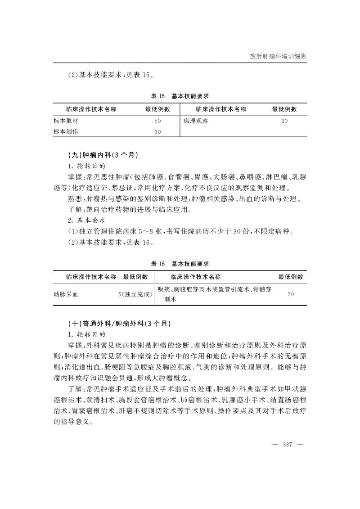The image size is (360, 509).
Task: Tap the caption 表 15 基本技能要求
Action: tap(180, 96)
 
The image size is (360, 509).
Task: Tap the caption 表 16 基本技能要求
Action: tap(180, 263)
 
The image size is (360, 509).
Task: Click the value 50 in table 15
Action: tap(157, 121)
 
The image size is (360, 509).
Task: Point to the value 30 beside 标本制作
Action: tap(157, 132)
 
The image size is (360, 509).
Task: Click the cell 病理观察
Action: tap(195, 121)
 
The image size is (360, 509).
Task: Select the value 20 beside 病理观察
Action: tap(284, 121)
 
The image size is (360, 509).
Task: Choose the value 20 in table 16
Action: tap(291, 294)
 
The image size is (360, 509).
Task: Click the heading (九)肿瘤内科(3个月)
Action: tap(100, 155)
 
